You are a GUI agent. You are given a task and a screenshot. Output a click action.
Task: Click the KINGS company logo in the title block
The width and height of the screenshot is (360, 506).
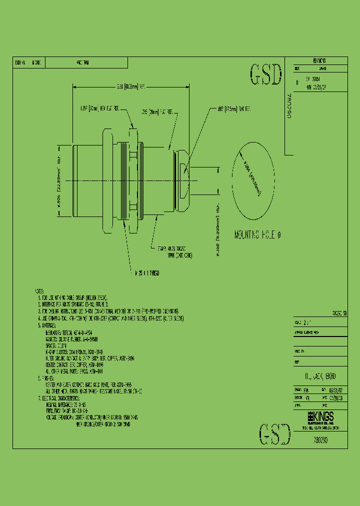click(x=320, y=416)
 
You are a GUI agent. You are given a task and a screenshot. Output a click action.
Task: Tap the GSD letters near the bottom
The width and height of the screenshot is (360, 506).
click(x=274, y=433)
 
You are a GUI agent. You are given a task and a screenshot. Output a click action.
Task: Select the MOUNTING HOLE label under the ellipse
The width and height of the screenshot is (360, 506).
click(x=257, y=235)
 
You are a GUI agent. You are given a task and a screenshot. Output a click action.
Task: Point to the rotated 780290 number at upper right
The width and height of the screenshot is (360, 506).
click(x=293, y=105)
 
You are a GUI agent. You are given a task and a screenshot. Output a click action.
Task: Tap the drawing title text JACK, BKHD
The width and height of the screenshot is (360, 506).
click(x=320, y=375)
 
